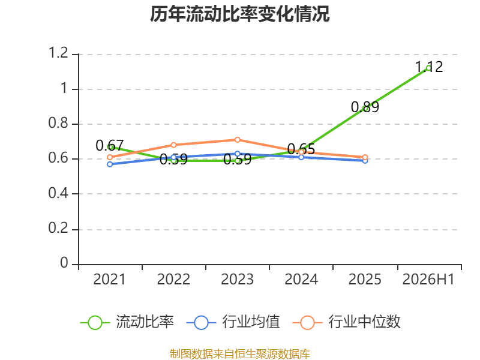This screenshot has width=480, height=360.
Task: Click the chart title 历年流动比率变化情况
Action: point(239,14)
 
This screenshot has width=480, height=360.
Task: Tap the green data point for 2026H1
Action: point(429,68)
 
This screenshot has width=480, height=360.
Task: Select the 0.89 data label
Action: point(365,107)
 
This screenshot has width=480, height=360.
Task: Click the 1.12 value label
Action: point(429,67)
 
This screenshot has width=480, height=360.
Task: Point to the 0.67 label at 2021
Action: point(110,145)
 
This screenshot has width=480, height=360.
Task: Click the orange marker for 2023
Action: point(237,140)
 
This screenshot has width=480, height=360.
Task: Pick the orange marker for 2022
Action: point(173,145)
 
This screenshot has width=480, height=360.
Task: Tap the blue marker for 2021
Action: point(110,164)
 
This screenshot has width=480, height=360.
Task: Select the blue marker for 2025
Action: point(365,161)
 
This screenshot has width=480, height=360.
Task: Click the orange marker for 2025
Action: point(365,157)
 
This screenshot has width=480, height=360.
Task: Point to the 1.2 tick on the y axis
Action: point(58,53)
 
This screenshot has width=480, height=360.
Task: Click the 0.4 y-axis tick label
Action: point(58,193)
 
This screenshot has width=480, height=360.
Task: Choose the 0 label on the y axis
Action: point(64,263)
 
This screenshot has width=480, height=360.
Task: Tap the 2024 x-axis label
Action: point(301,279)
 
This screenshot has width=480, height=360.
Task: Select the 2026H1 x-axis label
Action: point(428,279)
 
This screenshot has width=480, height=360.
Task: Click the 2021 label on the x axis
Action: point(110,279)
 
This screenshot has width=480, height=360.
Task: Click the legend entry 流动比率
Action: point(127,322)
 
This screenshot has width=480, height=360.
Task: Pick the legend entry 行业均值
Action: point(233,322)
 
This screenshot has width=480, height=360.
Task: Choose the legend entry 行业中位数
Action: point(347,322)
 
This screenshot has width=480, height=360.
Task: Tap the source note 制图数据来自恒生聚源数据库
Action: point(239,354)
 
